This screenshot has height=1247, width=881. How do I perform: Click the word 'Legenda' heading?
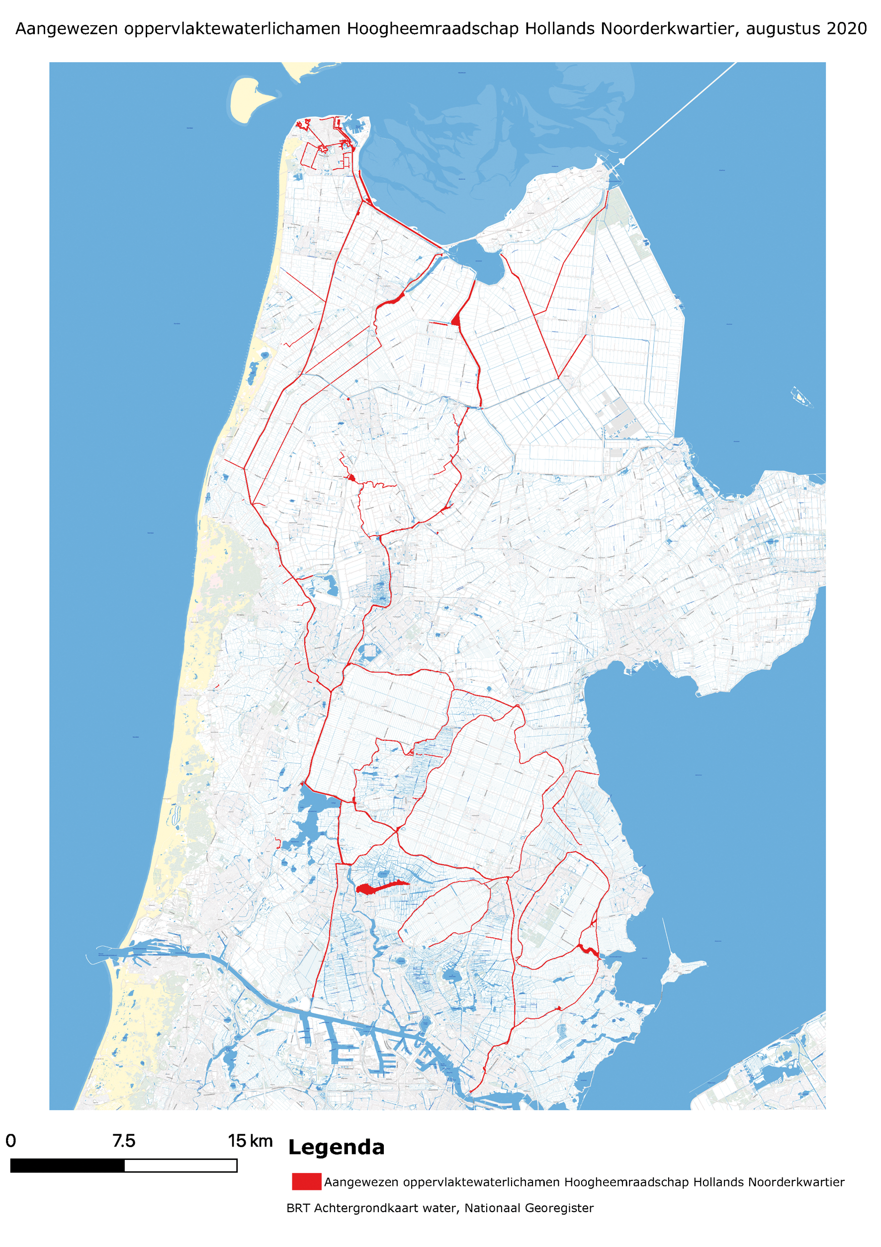(336, 1147)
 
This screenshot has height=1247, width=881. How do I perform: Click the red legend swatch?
(306, 1182)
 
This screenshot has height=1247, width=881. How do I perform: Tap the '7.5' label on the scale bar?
(124, 1141)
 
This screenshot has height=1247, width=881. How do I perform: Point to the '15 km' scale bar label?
(250, 1141)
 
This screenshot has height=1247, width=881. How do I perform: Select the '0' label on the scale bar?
(11, 1141)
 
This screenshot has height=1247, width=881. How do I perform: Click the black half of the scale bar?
(67, 1165)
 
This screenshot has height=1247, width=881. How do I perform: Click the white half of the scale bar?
(180, 1165)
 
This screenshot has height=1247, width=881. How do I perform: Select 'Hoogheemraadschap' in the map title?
(433, 29)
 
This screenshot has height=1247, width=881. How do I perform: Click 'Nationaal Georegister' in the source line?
(529, 1208)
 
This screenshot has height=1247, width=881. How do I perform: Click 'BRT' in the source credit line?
(298, 1208)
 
